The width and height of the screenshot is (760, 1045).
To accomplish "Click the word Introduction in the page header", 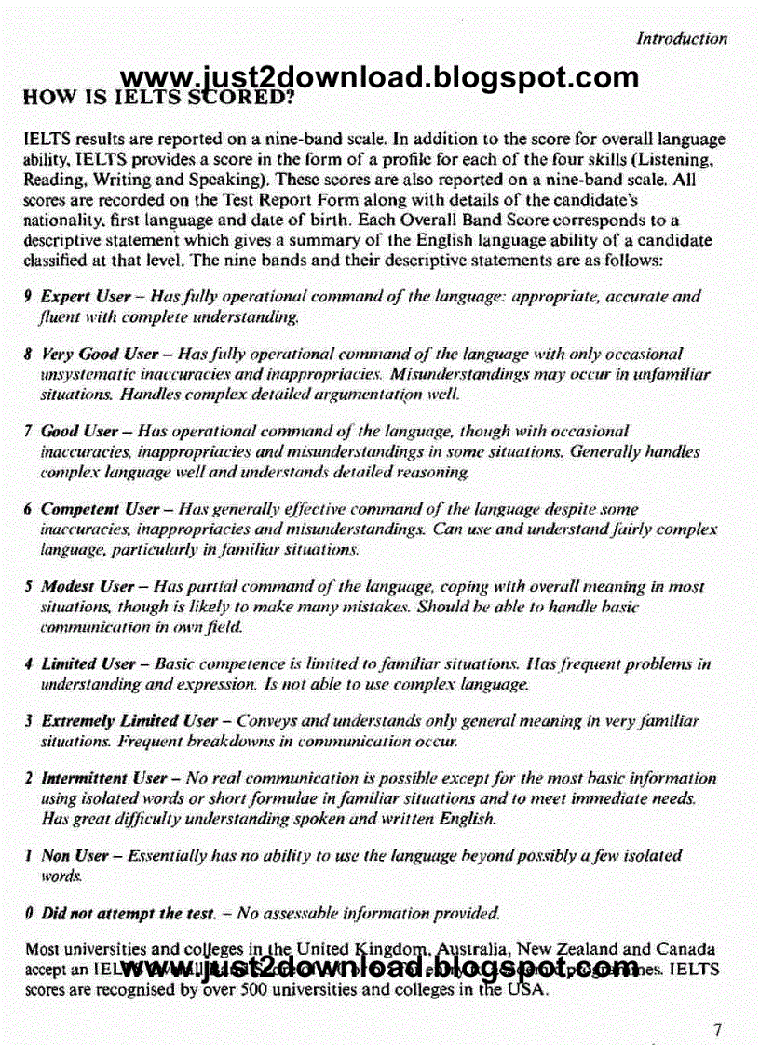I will [681, 39].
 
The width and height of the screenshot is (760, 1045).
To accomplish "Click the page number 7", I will [717, 1029].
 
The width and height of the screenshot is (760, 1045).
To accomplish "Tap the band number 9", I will [29, 298].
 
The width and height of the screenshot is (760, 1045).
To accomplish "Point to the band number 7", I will [29, 432].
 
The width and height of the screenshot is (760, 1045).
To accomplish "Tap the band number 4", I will [29, 664].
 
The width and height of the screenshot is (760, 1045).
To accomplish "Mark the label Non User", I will [70, 856].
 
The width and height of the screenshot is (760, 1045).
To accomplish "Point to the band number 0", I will [29, 915].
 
